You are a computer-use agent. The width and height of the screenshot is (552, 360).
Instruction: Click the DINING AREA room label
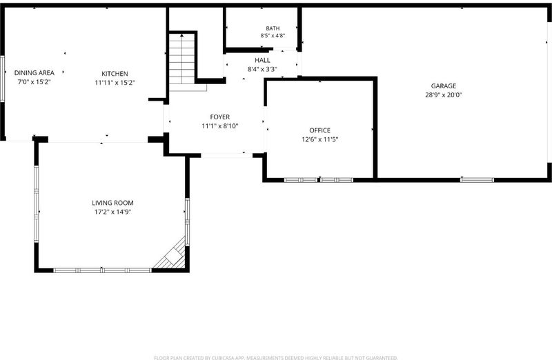click(34, 73)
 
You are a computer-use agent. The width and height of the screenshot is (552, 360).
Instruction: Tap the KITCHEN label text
click(115, 74)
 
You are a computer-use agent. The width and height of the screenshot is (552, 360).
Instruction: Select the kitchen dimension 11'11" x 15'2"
click(115, 83)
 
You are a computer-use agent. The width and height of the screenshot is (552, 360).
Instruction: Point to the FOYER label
click(220, 117)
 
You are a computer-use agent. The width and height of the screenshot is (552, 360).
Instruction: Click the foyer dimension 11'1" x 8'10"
click(220, 126)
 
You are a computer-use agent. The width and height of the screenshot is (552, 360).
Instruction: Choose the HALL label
click(263, 60)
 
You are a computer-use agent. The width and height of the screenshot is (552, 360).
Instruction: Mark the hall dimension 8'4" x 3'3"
click(263, 70)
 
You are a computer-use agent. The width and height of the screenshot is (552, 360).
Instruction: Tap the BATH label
click(273, 28)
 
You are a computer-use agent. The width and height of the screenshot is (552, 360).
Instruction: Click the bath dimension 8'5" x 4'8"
click(273, 36)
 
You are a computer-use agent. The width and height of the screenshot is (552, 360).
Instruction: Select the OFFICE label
click(320, 130)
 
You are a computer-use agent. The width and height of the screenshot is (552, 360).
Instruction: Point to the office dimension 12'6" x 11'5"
click(320, 139)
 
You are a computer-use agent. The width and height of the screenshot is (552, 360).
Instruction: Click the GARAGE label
click(444, 86)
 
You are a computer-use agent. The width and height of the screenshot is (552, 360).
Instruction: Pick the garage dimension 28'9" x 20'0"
click(444, 95)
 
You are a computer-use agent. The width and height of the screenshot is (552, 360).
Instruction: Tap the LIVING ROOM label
click(112, 203)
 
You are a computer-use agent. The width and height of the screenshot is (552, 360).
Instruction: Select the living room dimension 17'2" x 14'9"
click(112, 212)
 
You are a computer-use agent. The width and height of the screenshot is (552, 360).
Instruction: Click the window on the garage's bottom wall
click(477, 180)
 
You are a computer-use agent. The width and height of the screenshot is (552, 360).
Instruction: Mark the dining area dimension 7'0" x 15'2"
click(34, 82)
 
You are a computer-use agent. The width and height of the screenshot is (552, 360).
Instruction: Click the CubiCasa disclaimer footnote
click(276, 357)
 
